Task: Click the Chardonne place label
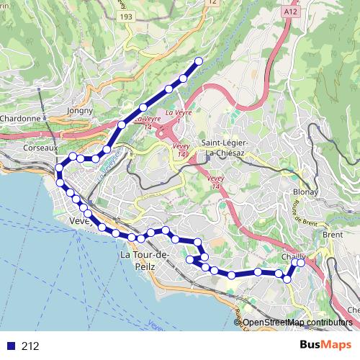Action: pyautogui.click(x=20, y=118)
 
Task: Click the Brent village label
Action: pyautogui.click(x=333, y=235)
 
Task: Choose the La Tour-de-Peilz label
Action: pyautogui.click(x=145, y=261)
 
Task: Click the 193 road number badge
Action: pyautogui.click(x=127, y=16)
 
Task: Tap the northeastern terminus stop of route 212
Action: pyautogui.click(x=197, y=60)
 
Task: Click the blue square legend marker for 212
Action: pyautogui.click(x=10, y=346)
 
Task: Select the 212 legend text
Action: pyautogui.click(x=30, y=346)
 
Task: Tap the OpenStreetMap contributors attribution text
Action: pyautogui.click(x=298, y=323)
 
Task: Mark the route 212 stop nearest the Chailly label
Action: pyautogui.click(x=300, y=263)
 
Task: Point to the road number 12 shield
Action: pyautogui.click(x=211, y=3)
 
